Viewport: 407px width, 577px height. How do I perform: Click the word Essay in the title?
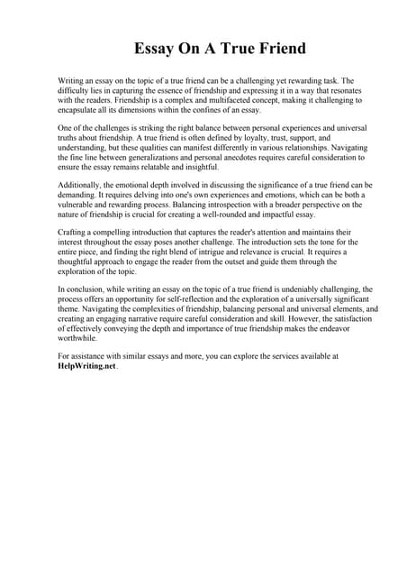158,48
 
